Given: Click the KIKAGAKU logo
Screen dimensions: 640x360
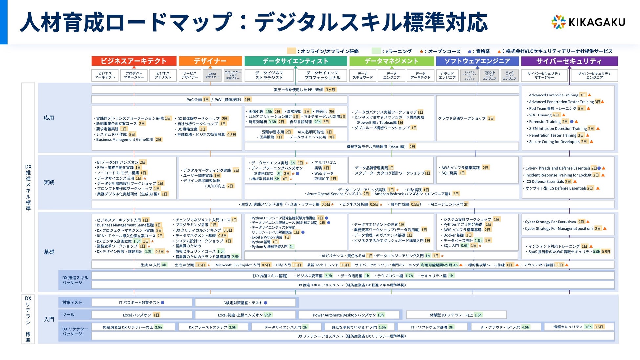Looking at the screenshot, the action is tap(588, 22).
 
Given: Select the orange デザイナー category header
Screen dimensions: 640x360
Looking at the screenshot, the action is tap(210, 61).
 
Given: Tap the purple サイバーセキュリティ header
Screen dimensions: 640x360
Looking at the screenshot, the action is tap(569, 61).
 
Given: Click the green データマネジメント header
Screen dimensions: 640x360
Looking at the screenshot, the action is tap(391, 61).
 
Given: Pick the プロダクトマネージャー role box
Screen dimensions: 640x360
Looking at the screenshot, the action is tap(134, 75).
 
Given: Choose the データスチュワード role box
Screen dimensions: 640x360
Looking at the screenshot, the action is tap(362, 75).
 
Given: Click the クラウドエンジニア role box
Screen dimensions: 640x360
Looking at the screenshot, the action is tap(447, 75).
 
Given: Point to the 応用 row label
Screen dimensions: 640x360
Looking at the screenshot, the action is tap(49, 118).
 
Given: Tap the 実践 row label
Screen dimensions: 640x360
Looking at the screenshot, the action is tap(49, 182).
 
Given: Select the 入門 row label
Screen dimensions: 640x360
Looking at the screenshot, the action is tap(49, 319).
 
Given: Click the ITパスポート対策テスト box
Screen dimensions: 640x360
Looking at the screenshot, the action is tap(141, 303).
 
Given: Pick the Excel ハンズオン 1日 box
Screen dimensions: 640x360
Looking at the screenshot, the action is tap(141, 315).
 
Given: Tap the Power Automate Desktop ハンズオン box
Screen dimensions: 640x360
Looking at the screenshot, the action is tap(349, 315).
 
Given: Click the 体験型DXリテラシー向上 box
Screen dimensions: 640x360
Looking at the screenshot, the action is tap(456, 315).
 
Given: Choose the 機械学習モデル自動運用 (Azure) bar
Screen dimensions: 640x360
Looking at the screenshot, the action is tap(381, 147).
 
